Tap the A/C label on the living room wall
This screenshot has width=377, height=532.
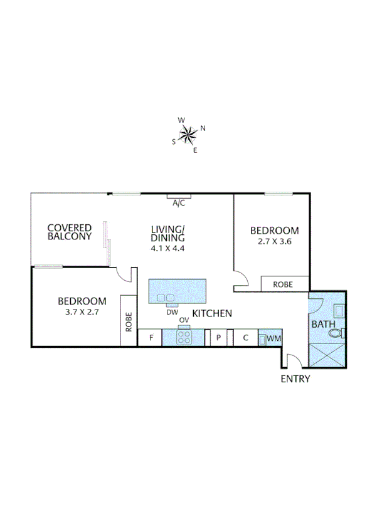[179, 203]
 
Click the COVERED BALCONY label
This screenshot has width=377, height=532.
[70, 232]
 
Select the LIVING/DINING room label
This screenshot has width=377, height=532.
[168, 233]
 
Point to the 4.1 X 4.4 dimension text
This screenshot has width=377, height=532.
[168, 248]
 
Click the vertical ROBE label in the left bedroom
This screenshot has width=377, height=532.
[129, 321]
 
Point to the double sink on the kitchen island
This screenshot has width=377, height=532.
[166, 298]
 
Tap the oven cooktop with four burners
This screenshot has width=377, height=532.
[184, 338]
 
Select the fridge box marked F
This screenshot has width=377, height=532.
[151, 338]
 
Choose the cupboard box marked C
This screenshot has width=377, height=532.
[246, 338]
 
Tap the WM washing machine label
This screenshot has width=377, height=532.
[273, 338]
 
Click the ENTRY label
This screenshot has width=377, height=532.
[295, 378]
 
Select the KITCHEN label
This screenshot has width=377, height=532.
[213, 313]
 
